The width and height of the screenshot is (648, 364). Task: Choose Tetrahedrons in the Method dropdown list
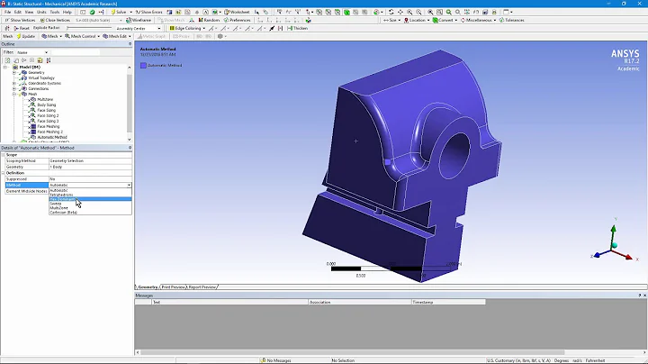(60, 194)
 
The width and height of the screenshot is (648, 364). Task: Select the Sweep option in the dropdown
(56, 204)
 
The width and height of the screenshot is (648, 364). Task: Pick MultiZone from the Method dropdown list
(58, 208)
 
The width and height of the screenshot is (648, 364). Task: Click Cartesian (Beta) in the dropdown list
(63, 214)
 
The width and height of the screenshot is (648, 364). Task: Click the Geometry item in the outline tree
(37, 72)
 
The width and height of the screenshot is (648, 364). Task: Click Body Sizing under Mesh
(47, 105)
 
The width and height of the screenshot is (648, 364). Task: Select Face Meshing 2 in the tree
(49, 132)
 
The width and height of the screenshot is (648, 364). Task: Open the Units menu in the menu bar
(41, 12)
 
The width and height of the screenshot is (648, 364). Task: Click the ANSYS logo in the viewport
(624, 54)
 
